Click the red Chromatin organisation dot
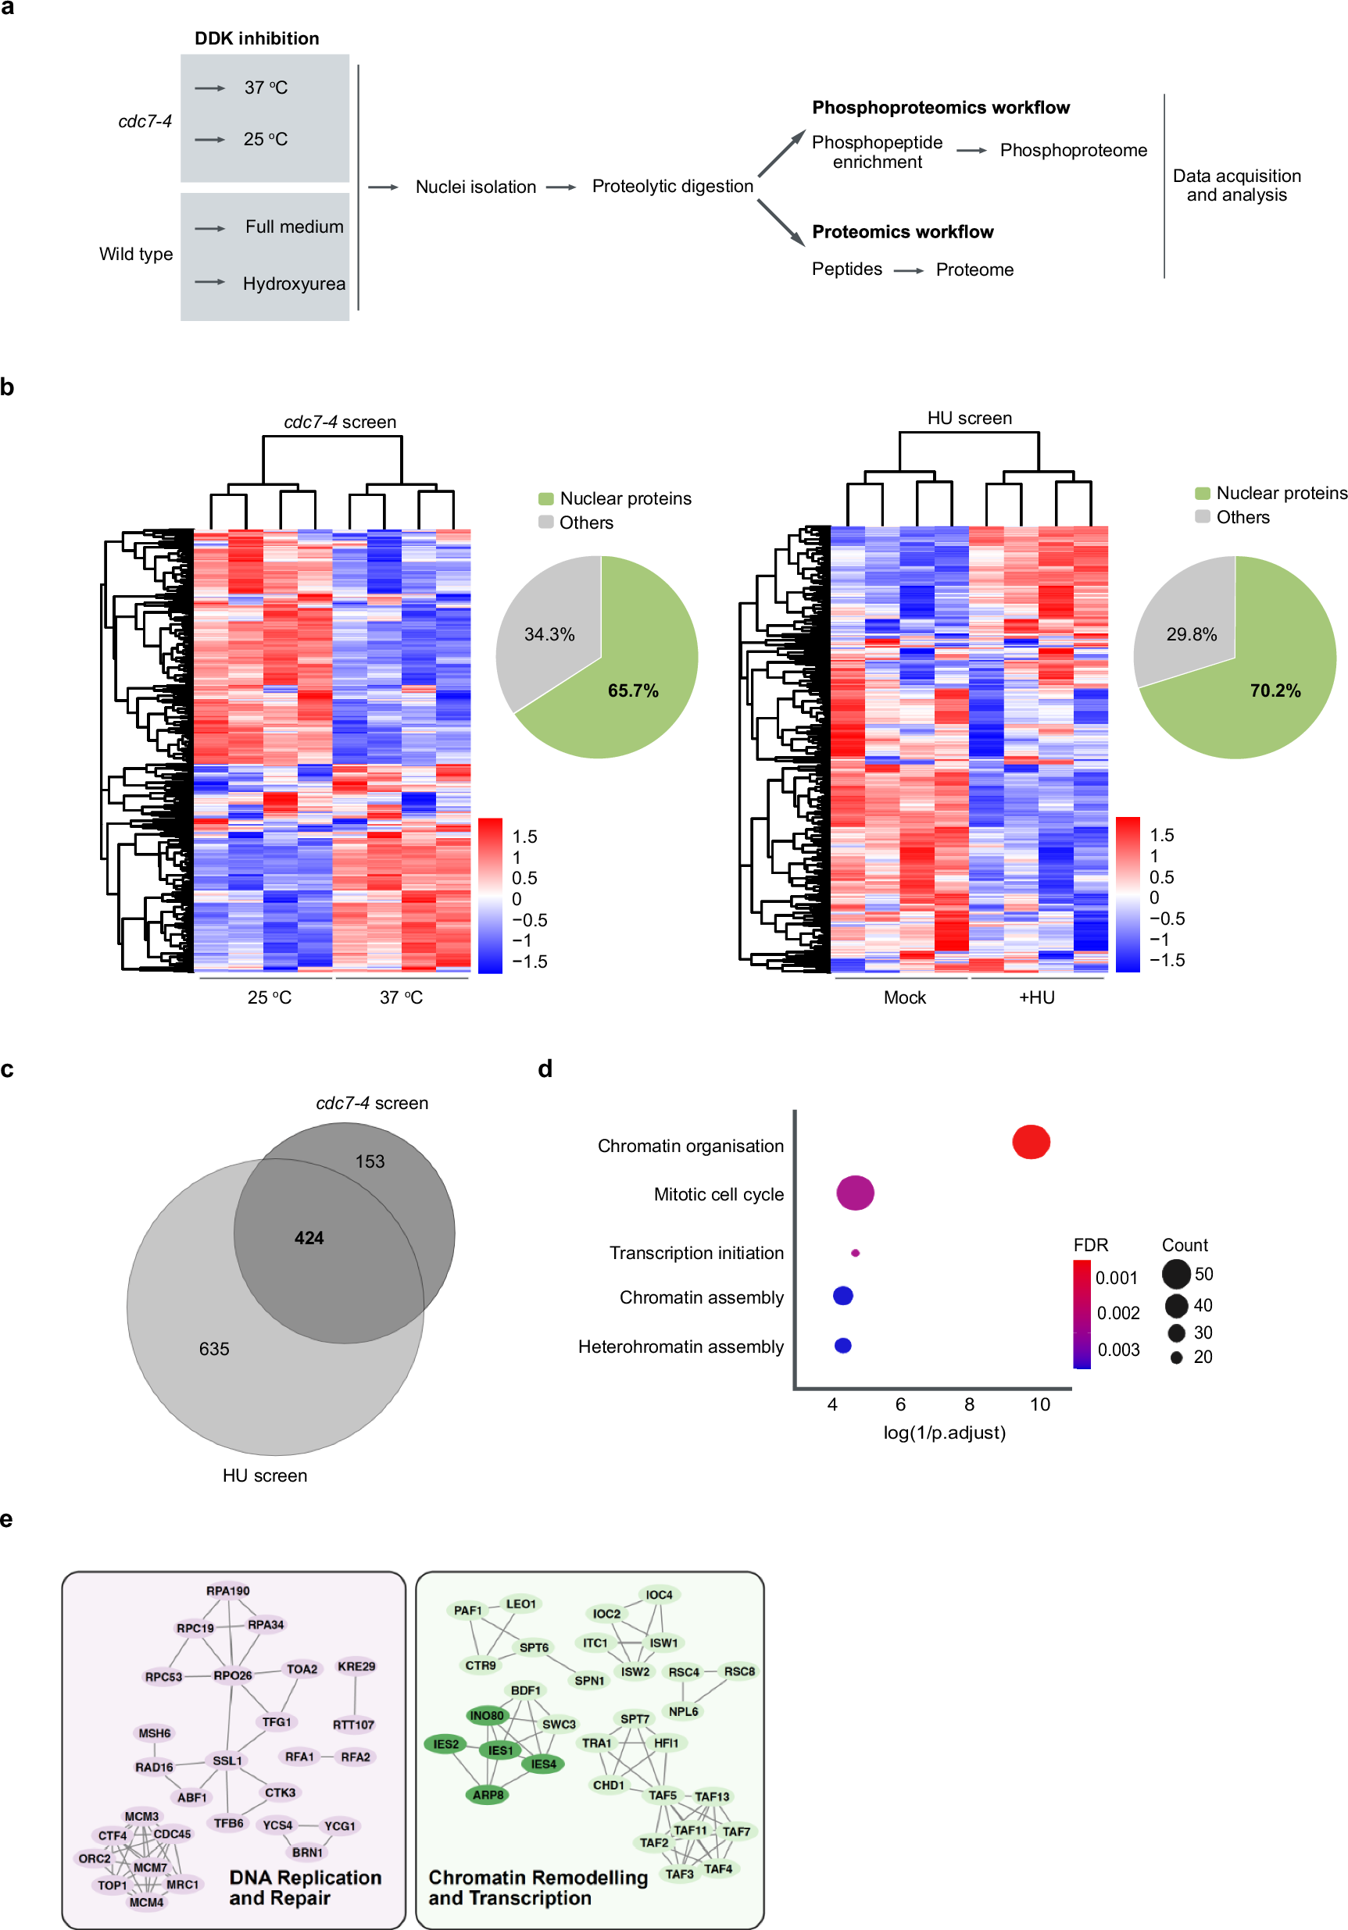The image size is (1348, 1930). pos(1031,1143)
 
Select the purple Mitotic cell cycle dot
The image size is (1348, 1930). pos(855,1193)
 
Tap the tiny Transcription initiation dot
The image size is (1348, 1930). pos(855,1253)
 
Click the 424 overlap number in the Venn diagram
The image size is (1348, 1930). pos(309,1237)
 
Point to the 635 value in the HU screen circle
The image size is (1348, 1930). pos(213,1348)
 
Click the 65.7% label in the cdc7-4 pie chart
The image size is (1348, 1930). pos(632,690)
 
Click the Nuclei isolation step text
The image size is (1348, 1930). pos(475,187)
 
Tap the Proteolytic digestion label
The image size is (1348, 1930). pos(672,186)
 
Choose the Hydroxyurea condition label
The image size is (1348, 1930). pos(294,284)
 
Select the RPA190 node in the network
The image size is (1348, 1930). pos(228,1590)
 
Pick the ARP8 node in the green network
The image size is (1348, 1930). pos(488,1794)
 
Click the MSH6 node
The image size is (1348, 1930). pos(155,1732)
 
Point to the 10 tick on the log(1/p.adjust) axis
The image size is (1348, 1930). pos(1039,1404)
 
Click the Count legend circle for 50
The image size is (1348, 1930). pos(1175,1273)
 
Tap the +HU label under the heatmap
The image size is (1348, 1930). pos(1036,997)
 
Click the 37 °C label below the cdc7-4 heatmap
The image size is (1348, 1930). pos(401,997)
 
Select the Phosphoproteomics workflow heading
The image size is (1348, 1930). pos(940,108)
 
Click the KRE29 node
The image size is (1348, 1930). pos(356,1666)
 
